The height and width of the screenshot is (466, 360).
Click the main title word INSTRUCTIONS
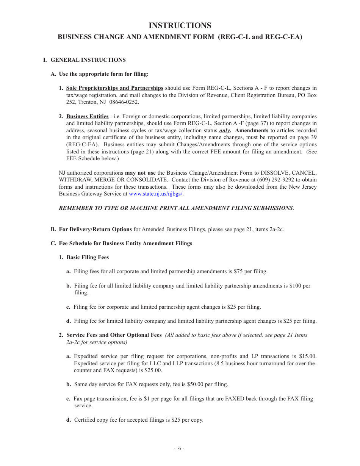(180, 25)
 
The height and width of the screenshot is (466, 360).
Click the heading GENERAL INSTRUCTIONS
(88, 60)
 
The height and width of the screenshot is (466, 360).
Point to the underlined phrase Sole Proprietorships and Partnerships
(114, 88)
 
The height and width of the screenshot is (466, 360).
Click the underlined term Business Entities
(87, 116)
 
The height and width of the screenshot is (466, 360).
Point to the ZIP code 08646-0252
(124, 102)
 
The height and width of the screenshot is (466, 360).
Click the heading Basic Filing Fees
(88, 257)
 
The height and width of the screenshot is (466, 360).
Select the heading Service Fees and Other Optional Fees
(114, 335)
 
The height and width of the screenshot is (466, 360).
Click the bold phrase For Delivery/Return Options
(95, 229)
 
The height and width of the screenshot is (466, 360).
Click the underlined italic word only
(225, 130)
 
